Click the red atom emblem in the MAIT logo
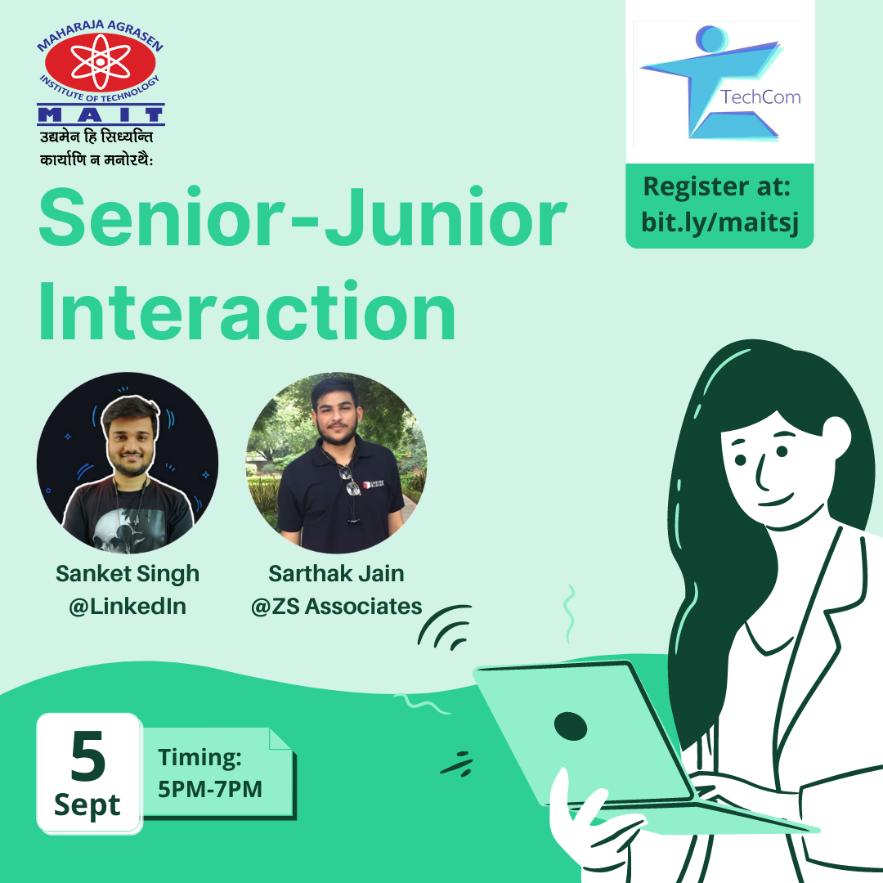(101, 62)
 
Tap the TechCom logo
(719, 83)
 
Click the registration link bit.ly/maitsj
(719, 222)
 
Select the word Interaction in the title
(247, 312)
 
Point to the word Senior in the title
(162, 218)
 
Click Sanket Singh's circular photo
(128, 462)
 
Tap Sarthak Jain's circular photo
(336, 462)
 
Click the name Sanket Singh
(128, 575)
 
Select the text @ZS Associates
(336, 607)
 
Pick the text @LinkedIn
(128, 607)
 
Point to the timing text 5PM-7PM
(210, 790)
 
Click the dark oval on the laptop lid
(571, 726)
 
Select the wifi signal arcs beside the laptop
(445, 628)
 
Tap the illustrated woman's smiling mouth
(775, 500)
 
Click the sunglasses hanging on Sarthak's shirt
(349, 481)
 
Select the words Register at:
(717, 186)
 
